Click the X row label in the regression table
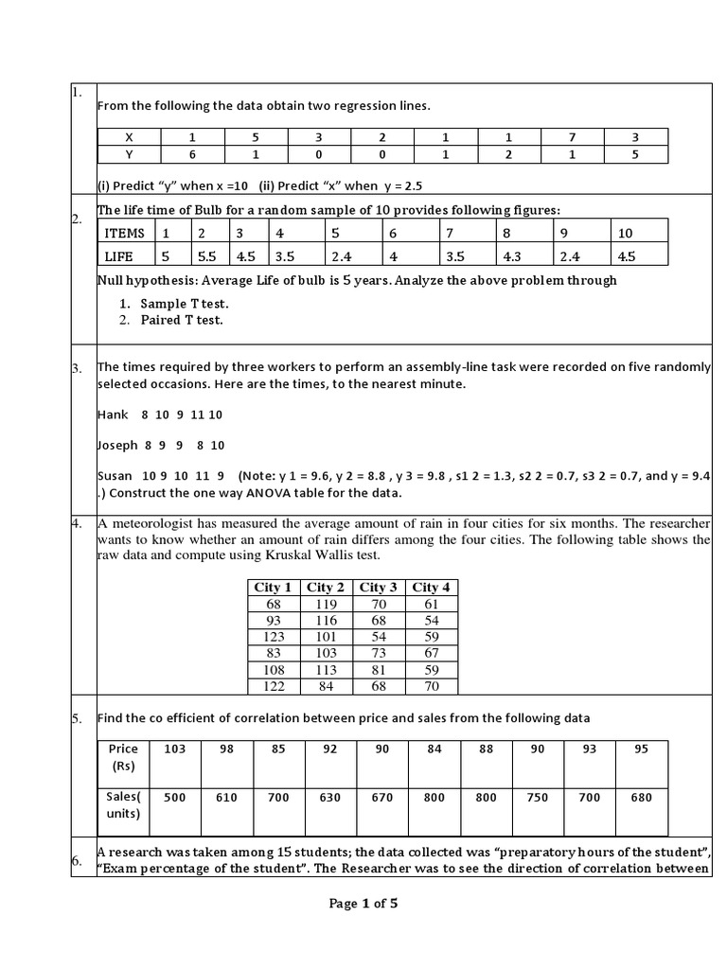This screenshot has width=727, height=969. [x=129, y=137]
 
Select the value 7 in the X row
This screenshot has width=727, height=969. [x=572, y=137]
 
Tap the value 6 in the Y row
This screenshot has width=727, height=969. [x=192, y=153]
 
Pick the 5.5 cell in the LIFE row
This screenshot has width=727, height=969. [x=205, y=255]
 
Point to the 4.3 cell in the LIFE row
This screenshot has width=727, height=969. [x=511, y=255]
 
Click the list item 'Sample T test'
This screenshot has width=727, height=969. [x=185, y=304]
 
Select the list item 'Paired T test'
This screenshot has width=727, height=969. [x=182, y=320]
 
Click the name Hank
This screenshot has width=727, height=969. [x=112, y=414]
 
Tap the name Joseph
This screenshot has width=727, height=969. [x=117, y=445]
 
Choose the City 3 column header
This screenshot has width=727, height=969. [x=380, y=587]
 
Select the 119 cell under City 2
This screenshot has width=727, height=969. [x=327, y=604]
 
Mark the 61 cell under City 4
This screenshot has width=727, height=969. [x=432, y=604]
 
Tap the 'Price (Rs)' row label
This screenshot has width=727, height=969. [x=123, y=756]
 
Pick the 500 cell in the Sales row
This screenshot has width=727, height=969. [x=174, y=798]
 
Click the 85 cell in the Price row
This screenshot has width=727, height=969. [x=278, y=749]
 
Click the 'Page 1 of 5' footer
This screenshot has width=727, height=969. [x=363, y=904]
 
